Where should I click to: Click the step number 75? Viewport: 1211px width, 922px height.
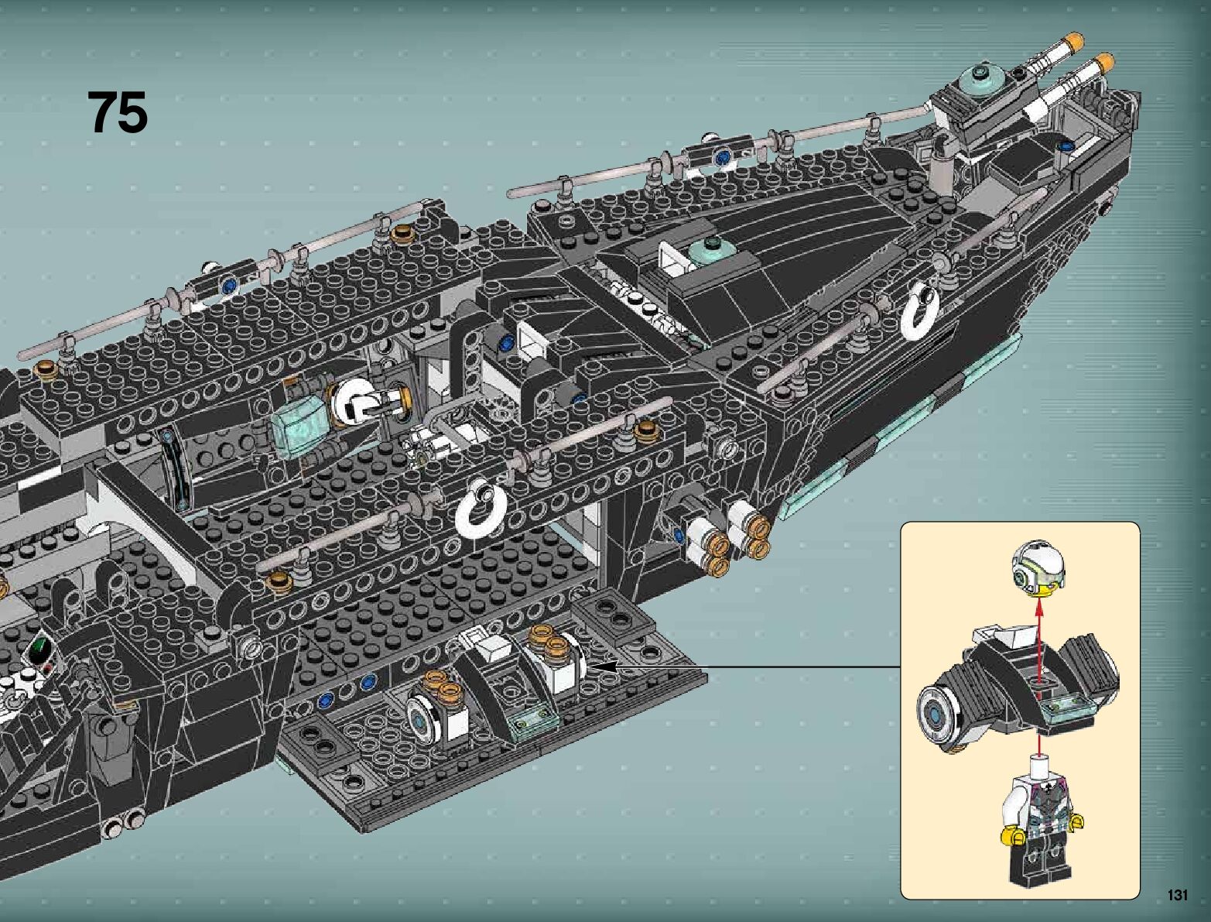coord(117,113)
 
